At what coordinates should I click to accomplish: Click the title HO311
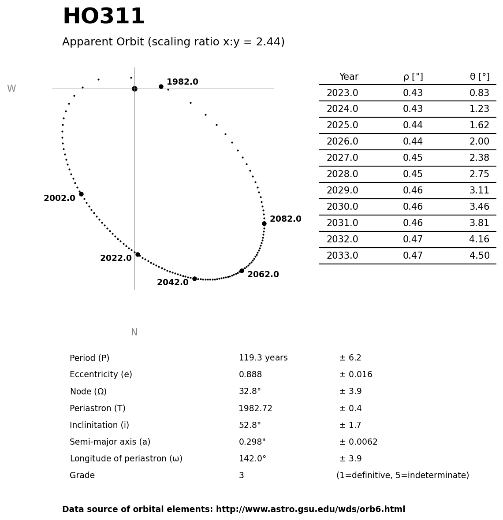click(104, 17)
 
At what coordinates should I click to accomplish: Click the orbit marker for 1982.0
click(161, 86)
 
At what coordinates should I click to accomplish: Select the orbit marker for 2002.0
click(81, 194)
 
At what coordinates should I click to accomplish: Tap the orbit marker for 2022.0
click(138, 254)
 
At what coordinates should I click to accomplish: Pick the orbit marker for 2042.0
click(194, 279)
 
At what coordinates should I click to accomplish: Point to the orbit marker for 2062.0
click(242, 271)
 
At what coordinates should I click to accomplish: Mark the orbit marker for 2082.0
click(264, 223)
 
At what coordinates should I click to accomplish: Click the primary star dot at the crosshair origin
click(134, 89)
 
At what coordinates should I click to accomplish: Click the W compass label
click(11, 89)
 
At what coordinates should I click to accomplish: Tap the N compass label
click(134, 332)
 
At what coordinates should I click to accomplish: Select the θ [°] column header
click(479, 77)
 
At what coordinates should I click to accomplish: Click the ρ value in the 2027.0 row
click(413, 158)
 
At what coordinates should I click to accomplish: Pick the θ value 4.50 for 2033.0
click(479, 256)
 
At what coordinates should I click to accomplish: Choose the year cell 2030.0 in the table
click(342, 207)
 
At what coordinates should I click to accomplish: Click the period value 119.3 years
click(263, 358)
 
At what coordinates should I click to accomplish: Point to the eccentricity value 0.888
click(250, 375)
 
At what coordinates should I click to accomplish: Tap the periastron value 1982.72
click(255, 409)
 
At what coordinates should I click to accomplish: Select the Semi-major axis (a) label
click(110, 442)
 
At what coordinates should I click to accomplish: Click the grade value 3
click(241, 475)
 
